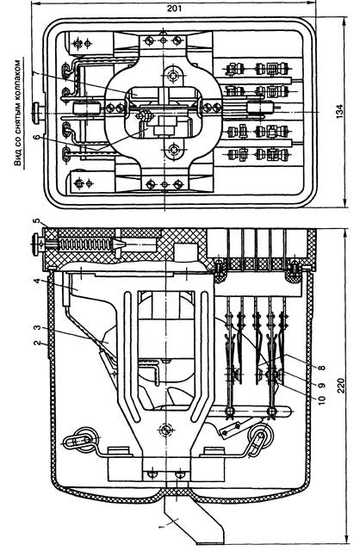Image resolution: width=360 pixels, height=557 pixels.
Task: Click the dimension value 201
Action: pyautogui.click(x=174, y=8)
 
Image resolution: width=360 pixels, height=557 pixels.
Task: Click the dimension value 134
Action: pyautogui.click(x=340, y=111)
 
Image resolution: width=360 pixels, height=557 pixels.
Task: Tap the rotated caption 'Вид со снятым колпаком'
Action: pyautogui.click(x=17, y=113)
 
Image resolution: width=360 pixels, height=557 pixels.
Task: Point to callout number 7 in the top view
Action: pyautogui.click(x=34, y=73)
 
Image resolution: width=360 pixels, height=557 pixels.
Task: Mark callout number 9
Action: pyautogui.click(x=322, y=385)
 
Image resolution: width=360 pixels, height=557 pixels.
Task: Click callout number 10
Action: pyautogui.click(x=322, y=399)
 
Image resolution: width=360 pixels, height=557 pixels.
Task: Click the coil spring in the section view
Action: pyautogui.click(x=85, y=244)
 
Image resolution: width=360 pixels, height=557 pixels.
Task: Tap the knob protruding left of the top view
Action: pyautogui.click(x=37, y=112)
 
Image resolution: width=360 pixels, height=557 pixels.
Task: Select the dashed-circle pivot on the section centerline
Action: pyautogui.click(x=164, y=430)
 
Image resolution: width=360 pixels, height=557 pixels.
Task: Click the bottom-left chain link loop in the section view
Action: pyautogui.click(x=80, y=440)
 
